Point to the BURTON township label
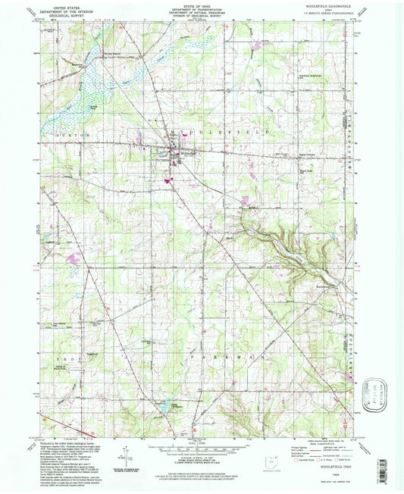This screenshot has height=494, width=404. (64, 133)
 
